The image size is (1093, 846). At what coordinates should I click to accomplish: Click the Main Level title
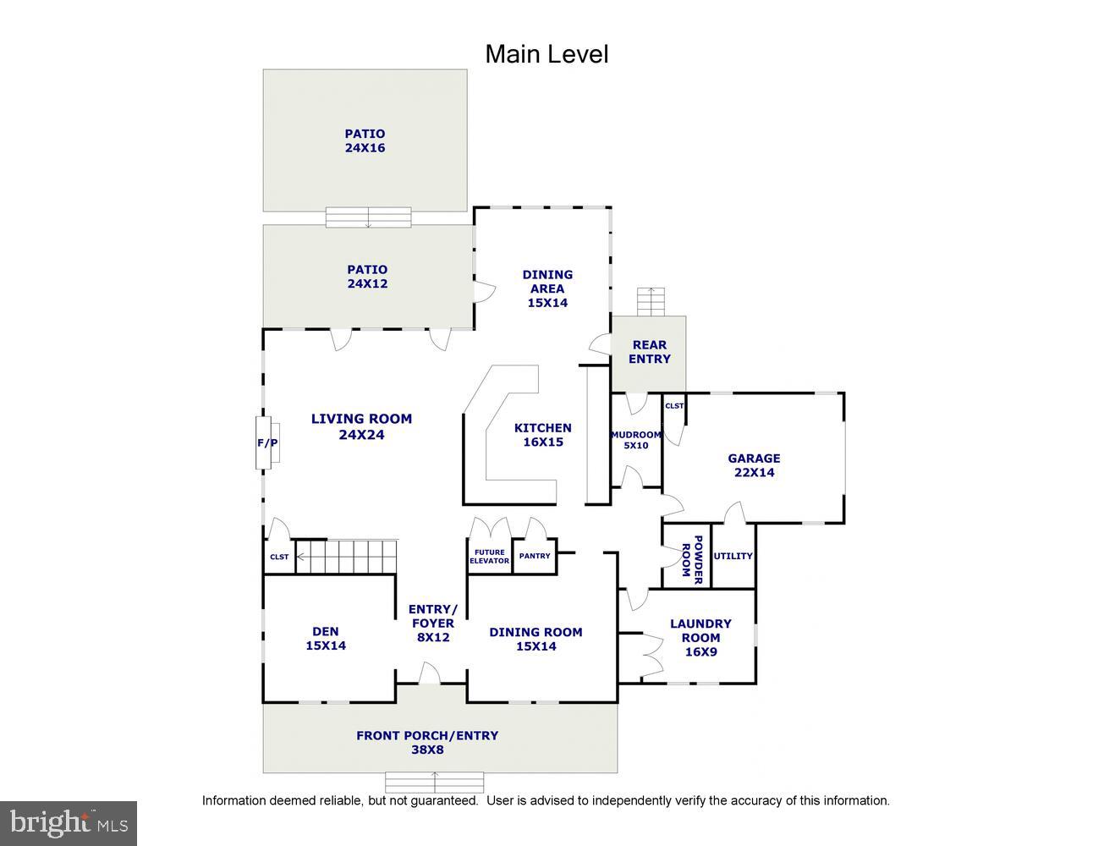546,54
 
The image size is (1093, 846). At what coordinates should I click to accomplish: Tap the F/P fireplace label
267,443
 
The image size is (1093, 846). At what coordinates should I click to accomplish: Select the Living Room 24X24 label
361,426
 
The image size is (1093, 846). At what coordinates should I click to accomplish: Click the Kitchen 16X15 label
542,435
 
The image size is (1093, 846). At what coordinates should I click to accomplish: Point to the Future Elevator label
490,557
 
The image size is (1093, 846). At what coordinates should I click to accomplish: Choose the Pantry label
535,556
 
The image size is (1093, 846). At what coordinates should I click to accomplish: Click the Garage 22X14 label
754,465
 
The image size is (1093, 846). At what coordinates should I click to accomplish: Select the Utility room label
733,556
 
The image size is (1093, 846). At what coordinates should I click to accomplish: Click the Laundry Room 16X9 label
700,638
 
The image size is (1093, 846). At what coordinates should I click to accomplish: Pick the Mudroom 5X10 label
636,440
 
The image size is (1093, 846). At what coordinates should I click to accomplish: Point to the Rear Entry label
649,351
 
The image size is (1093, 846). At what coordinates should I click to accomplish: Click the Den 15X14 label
326,639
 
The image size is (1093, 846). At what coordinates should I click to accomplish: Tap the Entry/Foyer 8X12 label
432,624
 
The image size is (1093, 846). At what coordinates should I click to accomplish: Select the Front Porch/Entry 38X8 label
427,742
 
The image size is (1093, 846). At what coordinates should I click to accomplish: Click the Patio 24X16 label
365,140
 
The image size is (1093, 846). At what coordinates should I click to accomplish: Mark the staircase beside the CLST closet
346,557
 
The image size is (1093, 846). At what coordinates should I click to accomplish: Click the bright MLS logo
69,823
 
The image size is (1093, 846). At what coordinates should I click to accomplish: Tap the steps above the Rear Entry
651,301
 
